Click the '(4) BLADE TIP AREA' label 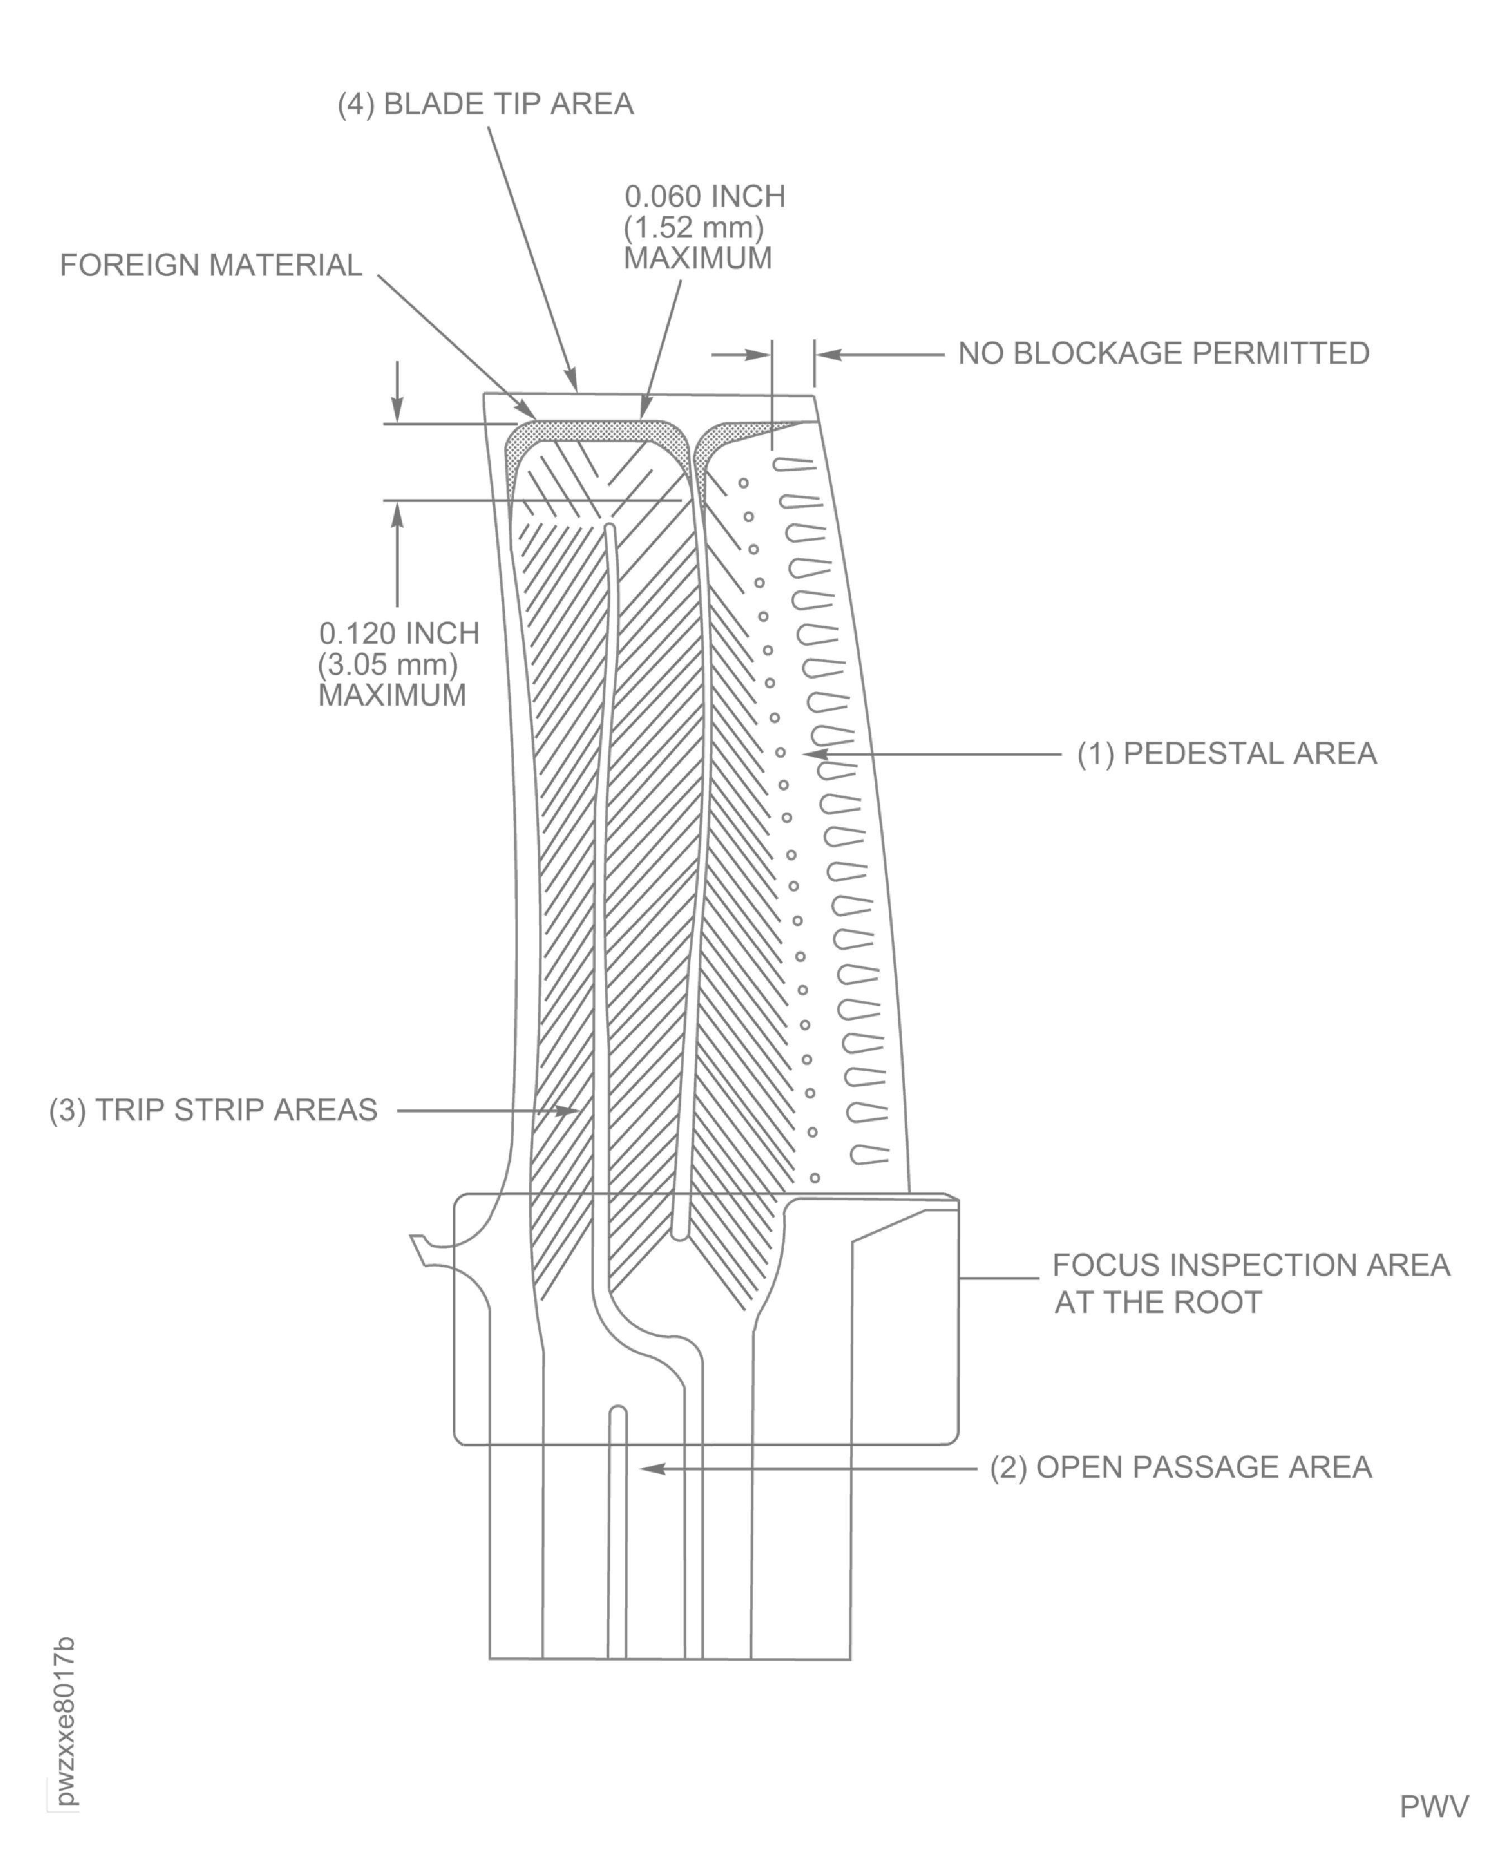click(x=485, y=105)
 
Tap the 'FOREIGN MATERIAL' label click(x=211, y=266)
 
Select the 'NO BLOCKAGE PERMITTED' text click(x=1164, y=354)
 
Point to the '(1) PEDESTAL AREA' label click(x=1226, y=754)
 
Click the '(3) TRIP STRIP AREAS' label click(x=214, y=1110)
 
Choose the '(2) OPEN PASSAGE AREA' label click(x=1180, y=1468)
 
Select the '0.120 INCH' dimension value click(x=399, y=633)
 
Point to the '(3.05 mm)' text click(x=387, y=665)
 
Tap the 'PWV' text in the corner click(x=1434, y=1806)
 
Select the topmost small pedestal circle click(x=743, y=482)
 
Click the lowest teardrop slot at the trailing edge click(x=869, y=1156)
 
